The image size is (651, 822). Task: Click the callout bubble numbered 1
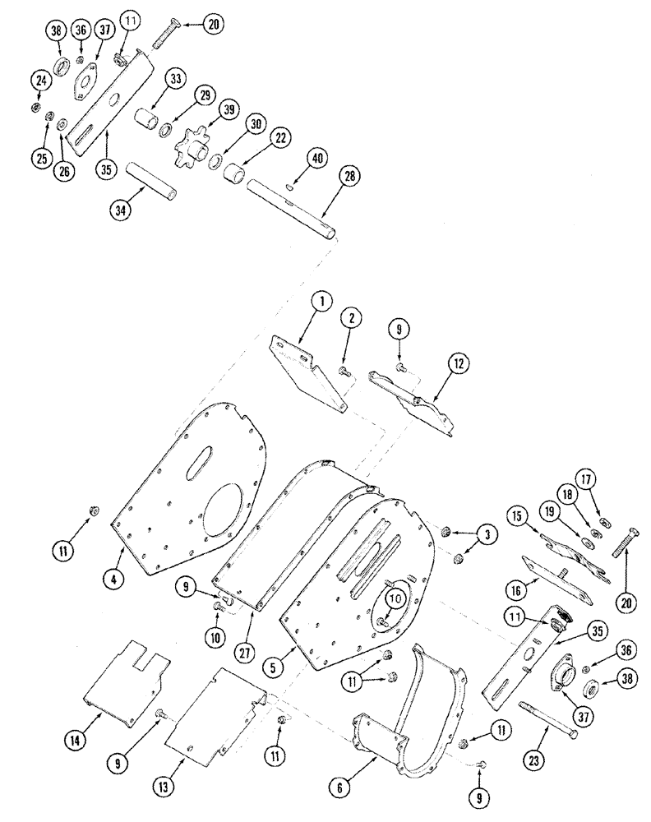(323, 302)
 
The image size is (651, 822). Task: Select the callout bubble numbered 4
(115, 579)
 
